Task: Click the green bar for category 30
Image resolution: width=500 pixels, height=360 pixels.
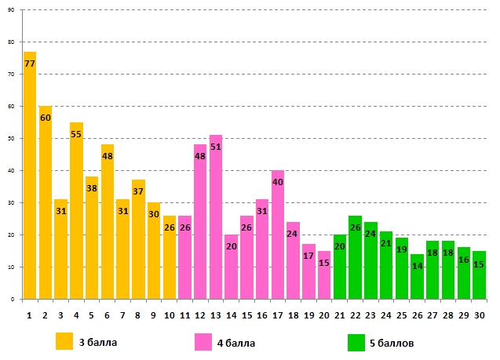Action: pyautogui.click(x=479, y=279)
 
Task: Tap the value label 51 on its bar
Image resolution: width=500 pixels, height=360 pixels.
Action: pyautogui.click(x=216, y=147)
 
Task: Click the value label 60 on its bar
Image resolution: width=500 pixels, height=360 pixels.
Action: pyautogui.click(x=46, y=118)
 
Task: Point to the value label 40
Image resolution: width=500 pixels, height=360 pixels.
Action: pyautogui.click(x=278, y=182)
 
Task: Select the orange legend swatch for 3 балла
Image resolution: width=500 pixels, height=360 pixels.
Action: pyautogui.click(x=64, y=341)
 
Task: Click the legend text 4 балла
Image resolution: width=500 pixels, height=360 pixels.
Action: pyautogui.click(x=237, y=343)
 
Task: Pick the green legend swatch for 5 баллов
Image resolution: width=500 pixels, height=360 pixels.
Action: pyautogui.click(x=356, y=341)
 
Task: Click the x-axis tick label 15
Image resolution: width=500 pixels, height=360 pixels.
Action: pyautogui.click(x=247, y=315)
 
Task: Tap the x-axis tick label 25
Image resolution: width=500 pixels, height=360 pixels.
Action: pyautogui.click(x=402, y=315)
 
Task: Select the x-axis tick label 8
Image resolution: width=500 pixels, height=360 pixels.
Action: pyautogui.click(x=138, y=315)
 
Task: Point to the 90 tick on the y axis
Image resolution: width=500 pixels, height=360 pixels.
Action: pyautogui.click(x=11, y=10)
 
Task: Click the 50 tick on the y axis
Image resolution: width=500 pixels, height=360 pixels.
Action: pyautogui.click(x=11, y=139)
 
